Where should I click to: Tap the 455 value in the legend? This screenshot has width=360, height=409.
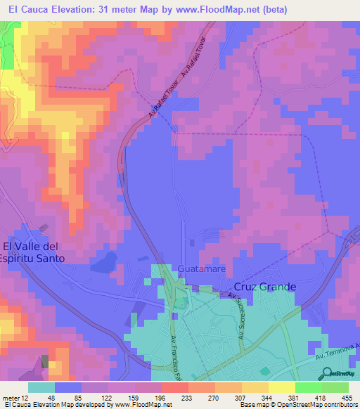pos(347,397)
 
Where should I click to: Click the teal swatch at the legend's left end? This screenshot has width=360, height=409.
pos(41,387)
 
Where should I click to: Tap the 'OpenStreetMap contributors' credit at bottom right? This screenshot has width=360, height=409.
pos(320,405)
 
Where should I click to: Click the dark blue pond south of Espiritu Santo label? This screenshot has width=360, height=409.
pos(104,263)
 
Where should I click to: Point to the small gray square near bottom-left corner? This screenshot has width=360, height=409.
pos(46,361)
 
